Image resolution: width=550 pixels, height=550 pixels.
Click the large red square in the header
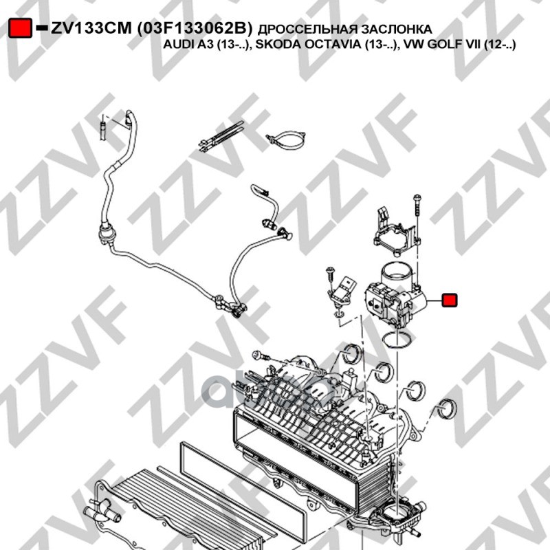pos(21,27)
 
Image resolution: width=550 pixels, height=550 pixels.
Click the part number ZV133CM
pos(91,28)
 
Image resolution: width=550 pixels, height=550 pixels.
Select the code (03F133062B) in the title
pos(195,28)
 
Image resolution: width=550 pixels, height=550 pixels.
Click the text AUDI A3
pos(188,45)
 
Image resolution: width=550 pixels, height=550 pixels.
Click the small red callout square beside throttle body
pos(450,300)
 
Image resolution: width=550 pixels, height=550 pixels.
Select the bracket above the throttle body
pos(396,232)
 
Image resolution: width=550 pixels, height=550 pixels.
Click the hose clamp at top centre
pos(286,140)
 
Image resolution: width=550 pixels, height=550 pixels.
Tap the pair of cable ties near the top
pos(221,135)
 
